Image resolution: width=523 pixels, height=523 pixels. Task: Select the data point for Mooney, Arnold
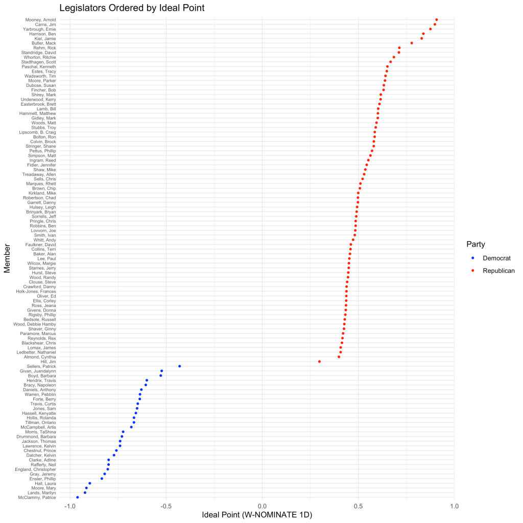click(x=437, y=19)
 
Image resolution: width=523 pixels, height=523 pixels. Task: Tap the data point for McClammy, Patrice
click(x=78, y=497)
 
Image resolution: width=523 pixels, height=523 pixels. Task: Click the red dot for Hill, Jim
click(x=319, y=362)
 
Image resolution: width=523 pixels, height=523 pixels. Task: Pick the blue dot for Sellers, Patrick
click(x=180, y=366)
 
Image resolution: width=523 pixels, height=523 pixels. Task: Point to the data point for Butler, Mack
click(x=412, y=43)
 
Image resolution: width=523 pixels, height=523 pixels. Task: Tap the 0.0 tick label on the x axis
click(x=263, y=506)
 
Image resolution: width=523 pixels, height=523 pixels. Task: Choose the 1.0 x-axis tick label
click(x=455, y=506)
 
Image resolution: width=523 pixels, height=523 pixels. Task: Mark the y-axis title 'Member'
click(x=8, y=258)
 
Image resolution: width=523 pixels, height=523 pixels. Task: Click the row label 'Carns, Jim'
click(x=45, y=24)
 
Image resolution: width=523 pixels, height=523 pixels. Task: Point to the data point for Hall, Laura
click(x=90, y=483)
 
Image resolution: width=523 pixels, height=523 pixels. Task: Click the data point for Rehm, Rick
click(x=399, y=47)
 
